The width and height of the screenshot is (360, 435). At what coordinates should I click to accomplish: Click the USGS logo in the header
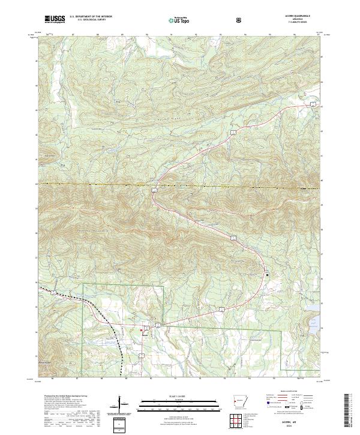tap(55, 20)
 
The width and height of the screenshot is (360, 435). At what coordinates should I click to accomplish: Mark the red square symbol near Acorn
tap(142, 329)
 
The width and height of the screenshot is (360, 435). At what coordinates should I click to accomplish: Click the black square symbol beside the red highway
tap(267, 275)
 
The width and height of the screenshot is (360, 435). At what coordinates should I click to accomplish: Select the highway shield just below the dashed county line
tap(154, 190)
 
